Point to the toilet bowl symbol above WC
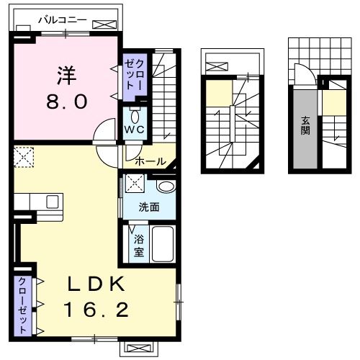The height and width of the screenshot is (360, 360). pyautogui.click(x=135, y=116)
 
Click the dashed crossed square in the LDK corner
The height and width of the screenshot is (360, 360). pyautogui.click(x=24, y=157)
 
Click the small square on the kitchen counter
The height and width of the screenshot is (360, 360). pyautogui.click(x=50, y=201)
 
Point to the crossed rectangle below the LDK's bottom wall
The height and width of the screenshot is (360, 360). pyautogui.click(x=137, y=347)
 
